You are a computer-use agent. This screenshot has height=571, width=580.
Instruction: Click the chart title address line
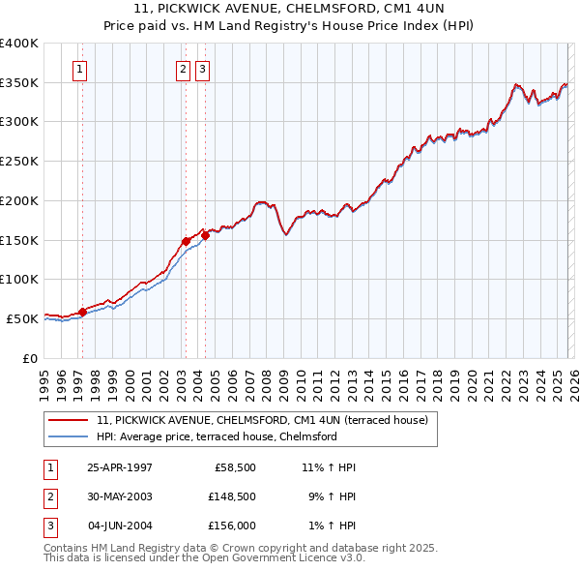pyautogui.click(x=290, y=8)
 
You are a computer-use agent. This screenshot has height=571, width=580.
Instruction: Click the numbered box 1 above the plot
pyautogui.click(x=78, y=69)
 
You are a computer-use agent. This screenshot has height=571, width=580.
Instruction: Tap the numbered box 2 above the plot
pyautogui.click(x=183, y=69)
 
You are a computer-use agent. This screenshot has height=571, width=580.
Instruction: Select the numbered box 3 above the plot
pyautogui.click(x=202, y=69)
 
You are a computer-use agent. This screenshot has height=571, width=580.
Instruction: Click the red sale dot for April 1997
pyautogui.click(x=83, y=312)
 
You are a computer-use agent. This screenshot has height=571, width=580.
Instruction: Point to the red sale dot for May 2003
pyautogui.click(x=187, y=241)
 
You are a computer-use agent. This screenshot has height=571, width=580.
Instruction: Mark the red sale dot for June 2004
pyautogui.click(x=205, y=235)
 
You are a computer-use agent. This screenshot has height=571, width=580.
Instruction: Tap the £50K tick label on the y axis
pyautogui.click(x=22, y=318)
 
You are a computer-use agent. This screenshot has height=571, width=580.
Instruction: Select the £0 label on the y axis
pyautogui.click(x=29, y=358)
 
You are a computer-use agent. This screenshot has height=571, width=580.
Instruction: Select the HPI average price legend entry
pyautogui.click(x=216, y=436)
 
